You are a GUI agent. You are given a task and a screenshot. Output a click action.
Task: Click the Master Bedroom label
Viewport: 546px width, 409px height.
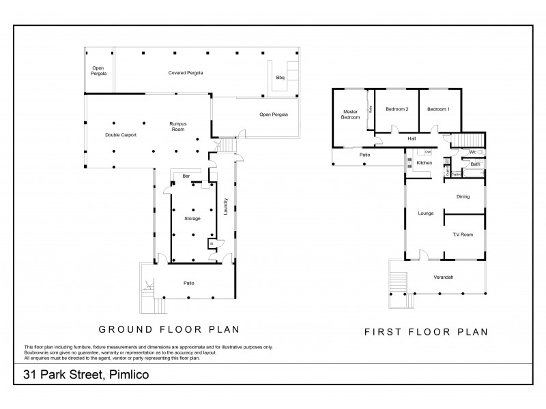(x=350, y=115)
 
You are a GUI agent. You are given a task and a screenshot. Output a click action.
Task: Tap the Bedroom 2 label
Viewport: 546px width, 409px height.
(x=397, y=109)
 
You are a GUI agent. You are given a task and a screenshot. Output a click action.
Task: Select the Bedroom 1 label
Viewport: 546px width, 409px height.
(x=438, y=109)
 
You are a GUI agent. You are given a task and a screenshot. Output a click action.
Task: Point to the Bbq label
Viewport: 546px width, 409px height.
(x=280, y=78)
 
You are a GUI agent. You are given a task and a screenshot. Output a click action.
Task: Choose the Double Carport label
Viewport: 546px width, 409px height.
(x=121, y=135)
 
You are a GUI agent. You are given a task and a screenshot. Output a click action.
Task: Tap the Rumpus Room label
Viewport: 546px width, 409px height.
(x=178, y=126)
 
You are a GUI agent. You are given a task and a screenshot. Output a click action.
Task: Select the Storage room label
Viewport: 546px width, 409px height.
(x=192, y=218)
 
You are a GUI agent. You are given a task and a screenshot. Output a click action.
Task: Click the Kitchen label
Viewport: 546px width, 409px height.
(x=425, y=164)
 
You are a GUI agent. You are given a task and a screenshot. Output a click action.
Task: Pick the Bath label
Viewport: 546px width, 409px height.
(x=475, y=164)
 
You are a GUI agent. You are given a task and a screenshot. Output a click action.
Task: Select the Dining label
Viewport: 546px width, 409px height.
(x=463, y=197)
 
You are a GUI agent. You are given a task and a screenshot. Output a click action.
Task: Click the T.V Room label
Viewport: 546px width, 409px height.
(x=463, y=234)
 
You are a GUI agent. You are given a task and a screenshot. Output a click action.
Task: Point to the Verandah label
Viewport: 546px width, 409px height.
(x=444, y=277)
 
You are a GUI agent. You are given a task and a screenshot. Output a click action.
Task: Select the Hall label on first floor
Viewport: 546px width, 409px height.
(x=412, y=138)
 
